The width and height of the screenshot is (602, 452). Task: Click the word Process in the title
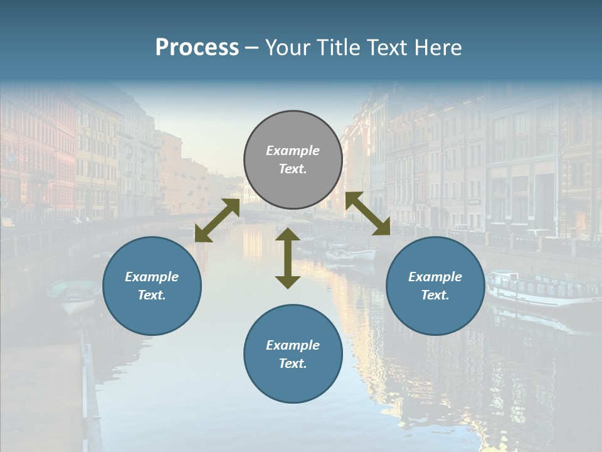tap(197, 48)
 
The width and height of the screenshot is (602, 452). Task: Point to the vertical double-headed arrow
tap(288, 258)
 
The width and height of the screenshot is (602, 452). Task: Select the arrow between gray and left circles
tap(217, 221)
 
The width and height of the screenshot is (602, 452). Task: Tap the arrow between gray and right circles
tap(368, 213)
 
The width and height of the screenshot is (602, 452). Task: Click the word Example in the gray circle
tap(293, 151)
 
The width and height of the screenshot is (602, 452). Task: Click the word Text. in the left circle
tap(152, 295)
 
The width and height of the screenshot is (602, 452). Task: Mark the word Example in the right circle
tap(435, 277)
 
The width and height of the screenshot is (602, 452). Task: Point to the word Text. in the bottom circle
tap(293, 363)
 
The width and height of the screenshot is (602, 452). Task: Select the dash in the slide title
tap(252, 48)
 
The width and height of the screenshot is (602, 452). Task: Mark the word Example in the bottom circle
tap(293, 345)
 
